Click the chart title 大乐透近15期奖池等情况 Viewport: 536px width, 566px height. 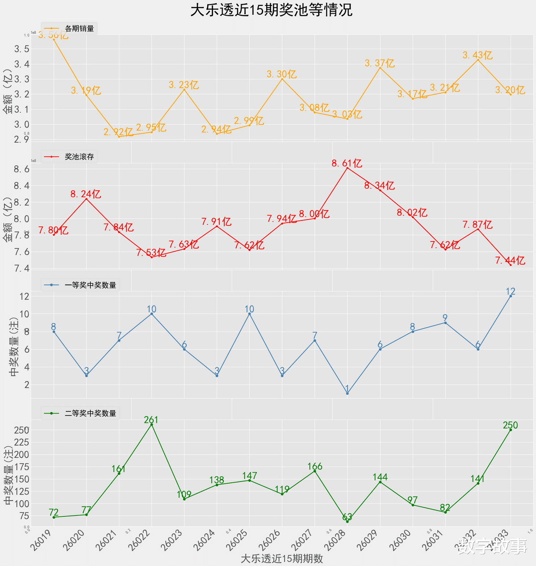(x=272, y=10)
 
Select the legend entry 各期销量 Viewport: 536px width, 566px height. (x=79, y=29)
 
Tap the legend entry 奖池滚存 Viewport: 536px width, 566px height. (x=79, y=156)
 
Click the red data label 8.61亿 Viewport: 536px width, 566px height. (x=347, y=163)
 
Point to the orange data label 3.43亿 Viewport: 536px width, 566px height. (x=477, y=55)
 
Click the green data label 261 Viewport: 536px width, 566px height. (x=151, y=419)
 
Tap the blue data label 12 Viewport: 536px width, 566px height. (x=510, y=291)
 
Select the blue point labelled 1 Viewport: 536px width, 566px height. (x=348, y=393)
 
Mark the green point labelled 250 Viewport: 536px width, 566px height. (x=511, y=430)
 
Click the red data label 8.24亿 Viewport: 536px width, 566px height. (x=86, y=194)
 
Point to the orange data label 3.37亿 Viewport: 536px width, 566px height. (x=380, y=63)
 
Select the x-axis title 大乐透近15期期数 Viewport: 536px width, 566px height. (x=281, y=558)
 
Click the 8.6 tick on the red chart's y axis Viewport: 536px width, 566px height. (x=21, y=169)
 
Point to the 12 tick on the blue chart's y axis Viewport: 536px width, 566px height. (x=24, y=296)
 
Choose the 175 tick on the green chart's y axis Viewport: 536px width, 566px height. (x=21, y=467)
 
